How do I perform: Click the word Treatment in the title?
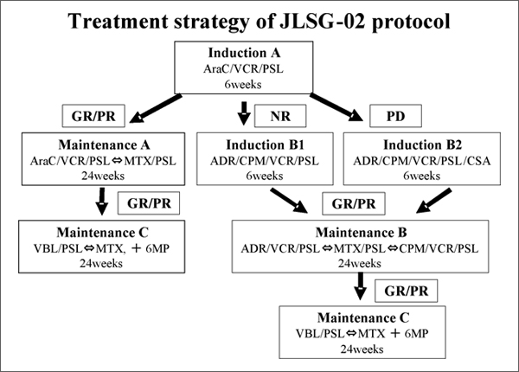pos(119,22)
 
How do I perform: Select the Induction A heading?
pos(244,53)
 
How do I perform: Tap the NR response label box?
pos(280,116)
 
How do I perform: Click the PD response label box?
pos(395,116)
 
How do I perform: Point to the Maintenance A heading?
pos(104,145)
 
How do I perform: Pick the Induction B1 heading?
pos(265,145)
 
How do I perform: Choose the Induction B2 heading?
pos(422,145)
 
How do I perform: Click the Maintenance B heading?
pos(361,233)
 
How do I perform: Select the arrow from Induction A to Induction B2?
pos(336,107)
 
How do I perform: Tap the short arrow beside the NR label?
pos(244,113)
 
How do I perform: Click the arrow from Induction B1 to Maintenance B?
pos(289,201)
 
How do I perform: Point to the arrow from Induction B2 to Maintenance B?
pos(433,201)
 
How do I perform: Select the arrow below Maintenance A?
pos(102,202)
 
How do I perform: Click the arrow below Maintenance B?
pos(360,286)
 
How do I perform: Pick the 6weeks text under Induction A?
pos(243,85)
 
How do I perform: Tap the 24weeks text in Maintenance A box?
pos(103,176)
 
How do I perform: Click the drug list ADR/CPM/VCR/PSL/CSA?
pos(422,161)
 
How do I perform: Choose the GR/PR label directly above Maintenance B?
pos(354,203)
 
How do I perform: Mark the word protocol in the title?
pos(411,22)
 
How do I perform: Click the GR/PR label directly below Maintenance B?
pos(407,291)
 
